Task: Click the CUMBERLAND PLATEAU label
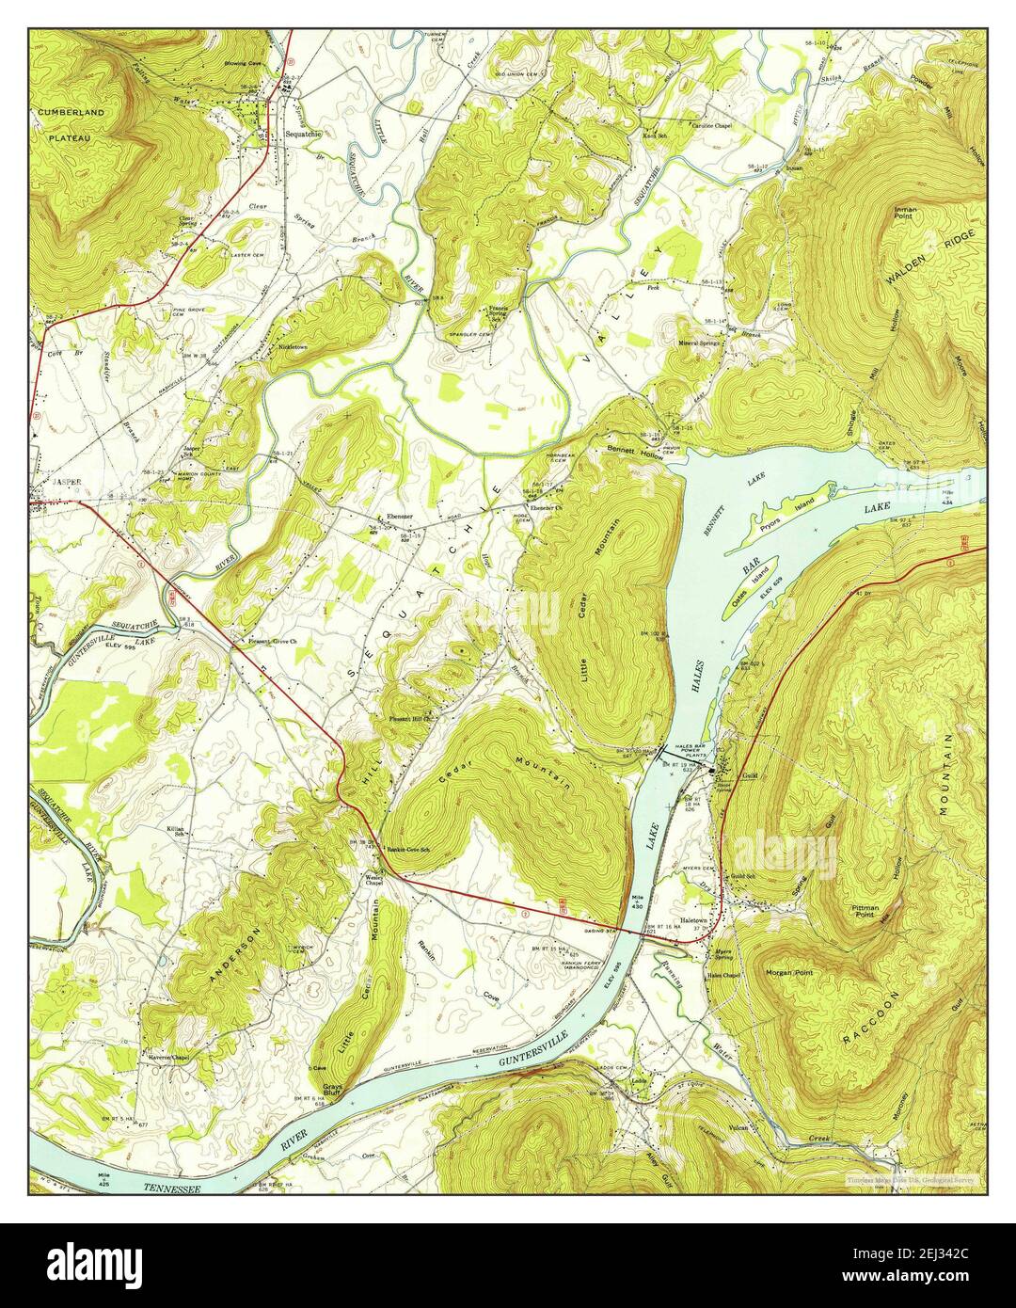(x=71, y=123)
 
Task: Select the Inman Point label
(x=908, y=211)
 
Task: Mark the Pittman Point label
(x=865, y=910)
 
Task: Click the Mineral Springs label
(x=701, y=343)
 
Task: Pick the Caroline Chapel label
(x=712, y=124)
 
